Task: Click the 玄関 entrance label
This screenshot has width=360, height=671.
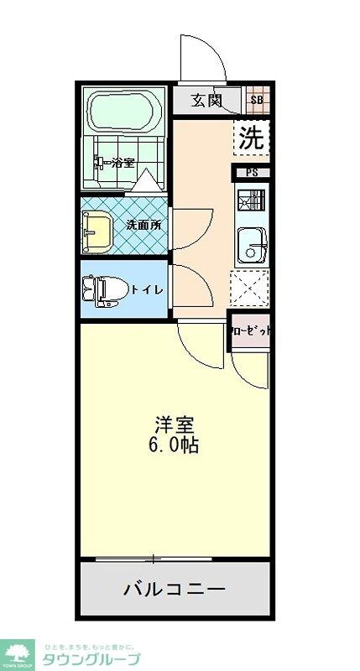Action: pyautogui.click(x=205, y=101)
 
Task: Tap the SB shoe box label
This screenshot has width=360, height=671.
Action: pyautogui.click(x=257, y=101)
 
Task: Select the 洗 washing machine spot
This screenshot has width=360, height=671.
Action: pyautogui.click(x=251, y=138)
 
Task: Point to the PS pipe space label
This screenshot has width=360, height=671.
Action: pyautogui.click(x=252, y=174)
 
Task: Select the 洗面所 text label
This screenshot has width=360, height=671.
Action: pyautogui.click(x=143, y=225)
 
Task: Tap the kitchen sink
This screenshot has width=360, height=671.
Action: pyautogui.click(x=251, y=245)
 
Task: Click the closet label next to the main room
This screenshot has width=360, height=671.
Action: pyautogui.click(x=251, y=330)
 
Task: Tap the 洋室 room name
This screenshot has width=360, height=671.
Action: pyautogui.click(x=175, y=424)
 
